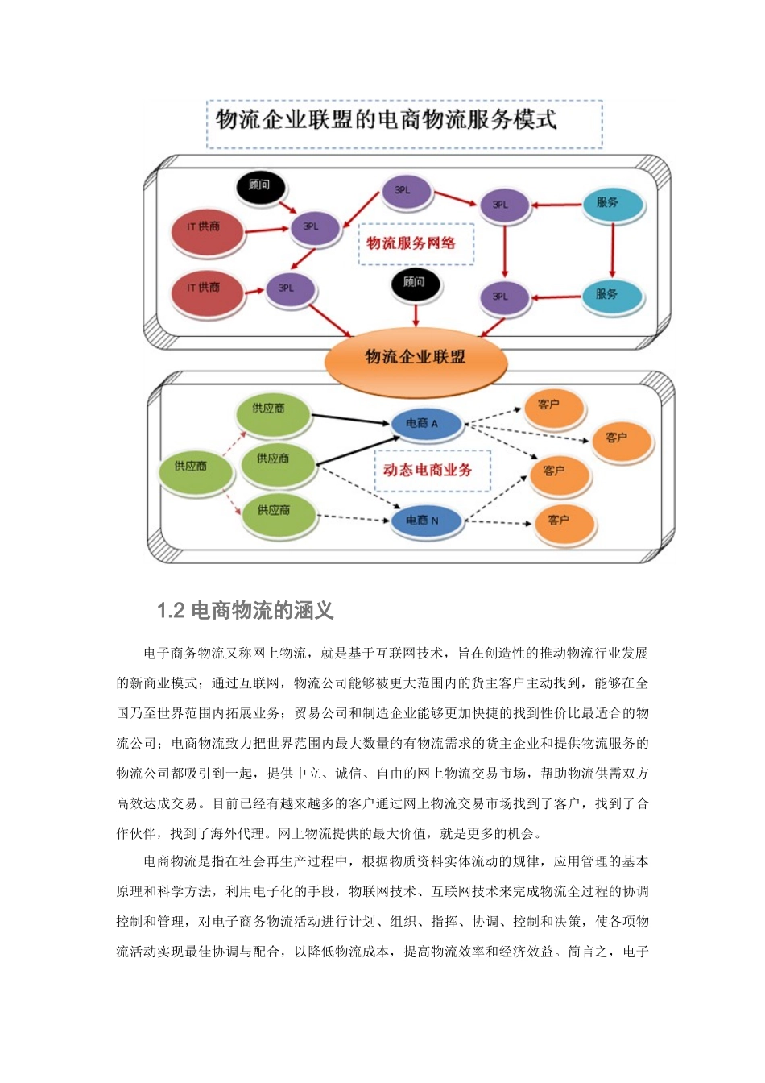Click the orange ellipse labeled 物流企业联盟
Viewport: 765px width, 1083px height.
(x=415, y=358)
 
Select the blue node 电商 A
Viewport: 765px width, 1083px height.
(x=424, y=424)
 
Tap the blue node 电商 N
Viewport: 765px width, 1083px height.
(x=424, y=521)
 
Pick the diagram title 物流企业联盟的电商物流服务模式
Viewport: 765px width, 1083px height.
(x=387, y=121)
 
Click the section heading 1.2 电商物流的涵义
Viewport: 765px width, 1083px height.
(x=245, y=611)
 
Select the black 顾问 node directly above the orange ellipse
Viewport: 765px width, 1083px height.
(x=414, y=283)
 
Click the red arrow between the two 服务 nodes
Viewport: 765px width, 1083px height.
(x=612, y=250)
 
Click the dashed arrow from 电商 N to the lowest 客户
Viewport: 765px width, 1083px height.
(x=499, y=522)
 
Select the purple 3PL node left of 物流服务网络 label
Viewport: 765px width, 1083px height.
(x=312, y=228)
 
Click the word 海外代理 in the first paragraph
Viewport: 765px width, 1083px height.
(x=238, y=833)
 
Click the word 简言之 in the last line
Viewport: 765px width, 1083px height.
(x=588, y=952)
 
